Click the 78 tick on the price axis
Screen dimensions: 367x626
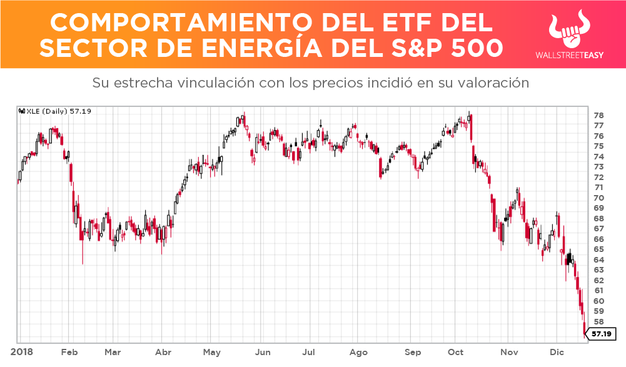pyautogui.click(x=598, y=116)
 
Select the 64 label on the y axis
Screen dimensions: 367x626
pyautogui.click(x=598, y=260)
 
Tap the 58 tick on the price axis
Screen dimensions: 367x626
pyautogui.click(x=598, y=321)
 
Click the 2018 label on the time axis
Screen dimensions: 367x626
pyautogui.click(x=23, y=352)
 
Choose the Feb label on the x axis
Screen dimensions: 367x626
pyautogui.click(x=69, y=352)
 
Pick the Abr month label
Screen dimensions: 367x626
pyautogui.click(x=163, y=352)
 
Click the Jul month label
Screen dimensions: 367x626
pyautogui.click(x=309, y=352)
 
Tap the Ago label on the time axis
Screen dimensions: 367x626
pyautogui.click(x=358, y=352)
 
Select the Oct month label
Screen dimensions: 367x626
pyautogui.click(x=456, y=352)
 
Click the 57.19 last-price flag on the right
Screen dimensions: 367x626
pyautogui.click(x=601, y=334)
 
